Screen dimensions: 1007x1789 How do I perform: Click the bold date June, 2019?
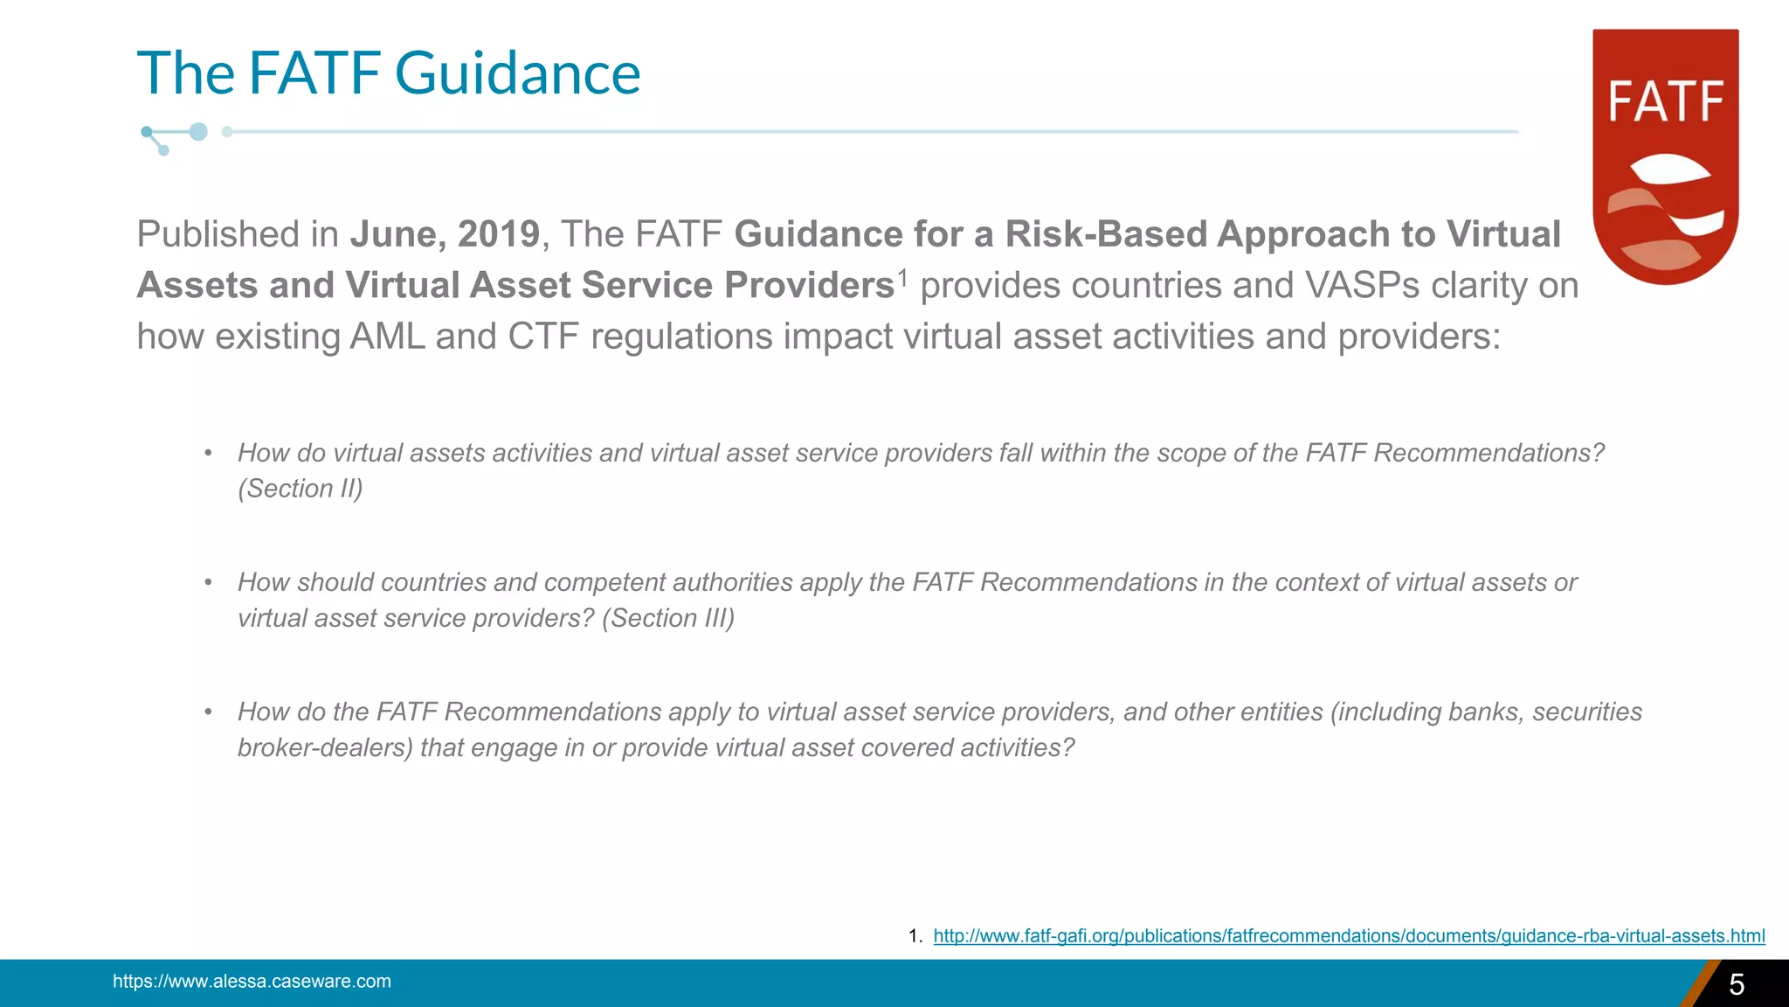445,234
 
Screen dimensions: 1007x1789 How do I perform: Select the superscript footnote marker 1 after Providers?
902,276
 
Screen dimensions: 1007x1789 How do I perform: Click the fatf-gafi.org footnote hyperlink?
1349,936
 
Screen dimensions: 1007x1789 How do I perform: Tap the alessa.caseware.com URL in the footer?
252,982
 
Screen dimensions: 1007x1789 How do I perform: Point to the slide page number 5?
1737,985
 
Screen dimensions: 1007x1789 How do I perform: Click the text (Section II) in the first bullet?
300,489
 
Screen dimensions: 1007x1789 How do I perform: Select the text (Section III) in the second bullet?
668,618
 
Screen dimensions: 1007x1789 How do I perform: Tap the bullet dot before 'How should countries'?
208,582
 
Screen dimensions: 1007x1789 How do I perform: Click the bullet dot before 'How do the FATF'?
208,712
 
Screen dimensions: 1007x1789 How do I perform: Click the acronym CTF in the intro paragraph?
543,337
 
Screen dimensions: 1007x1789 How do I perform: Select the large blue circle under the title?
198,132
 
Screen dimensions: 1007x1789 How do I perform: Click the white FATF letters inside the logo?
1665,101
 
